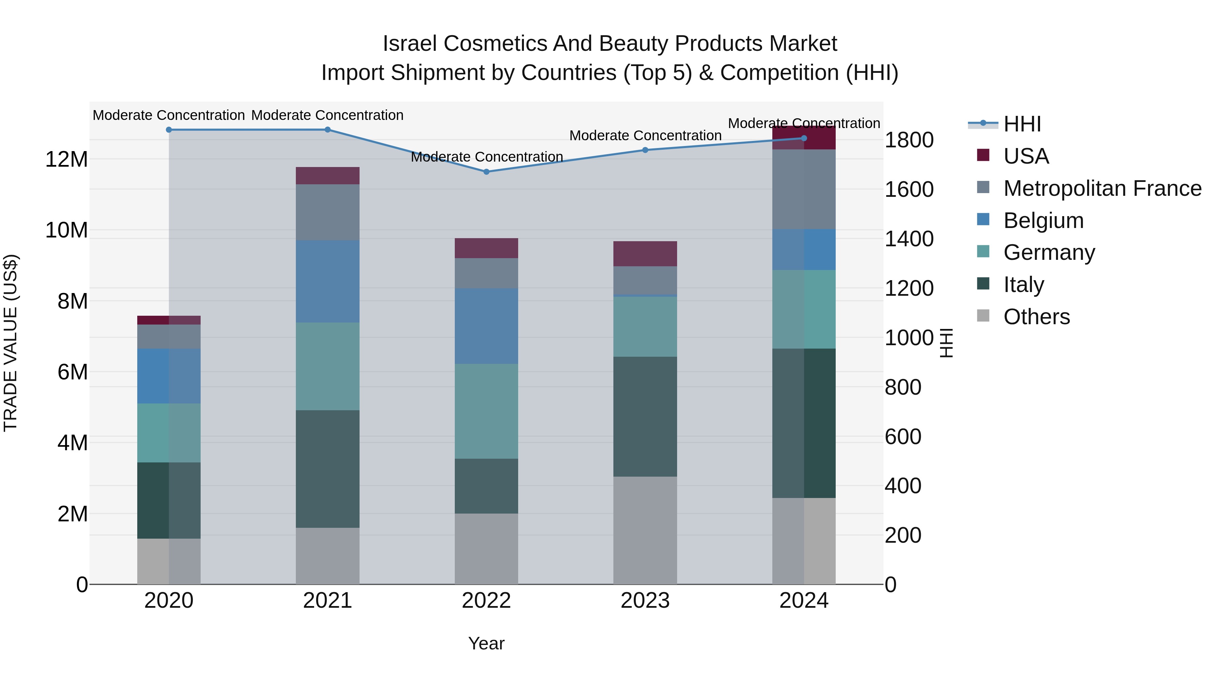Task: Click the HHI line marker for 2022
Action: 486,172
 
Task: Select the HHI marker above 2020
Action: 169,130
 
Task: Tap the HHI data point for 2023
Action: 645,150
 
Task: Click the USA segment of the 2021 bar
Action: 328,175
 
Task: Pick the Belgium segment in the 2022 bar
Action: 486,326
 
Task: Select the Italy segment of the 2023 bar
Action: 645,417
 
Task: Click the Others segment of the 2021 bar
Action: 328,556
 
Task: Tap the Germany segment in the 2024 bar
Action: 804,310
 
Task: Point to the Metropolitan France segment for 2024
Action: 804,189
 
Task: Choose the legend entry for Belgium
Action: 1043,221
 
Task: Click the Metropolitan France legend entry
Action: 1102,188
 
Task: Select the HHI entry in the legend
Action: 1022,124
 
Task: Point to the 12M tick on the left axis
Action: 66,160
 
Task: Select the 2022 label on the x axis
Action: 486,601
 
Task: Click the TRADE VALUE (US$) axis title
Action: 11,343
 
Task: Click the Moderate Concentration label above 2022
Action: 486,157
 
